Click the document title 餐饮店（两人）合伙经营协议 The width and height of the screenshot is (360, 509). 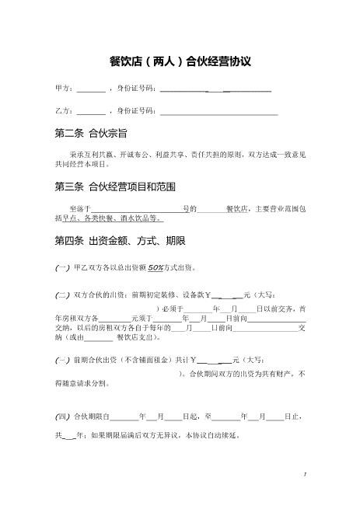[180, 61]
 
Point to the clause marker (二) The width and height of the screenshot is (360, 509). [62, 295]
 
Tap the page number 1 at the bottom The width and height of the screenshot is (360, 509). [306, 473]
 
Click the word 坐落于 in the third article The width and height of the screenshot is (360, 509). [80, 208]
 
